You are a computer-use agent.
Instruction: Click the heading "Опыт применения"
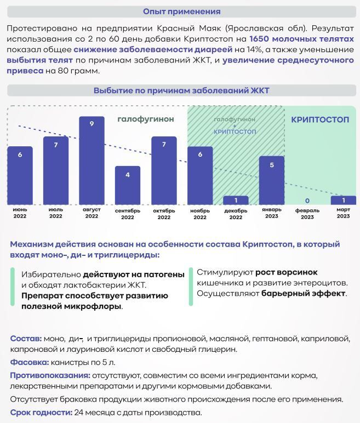pyautogui.click(x=181, y=11)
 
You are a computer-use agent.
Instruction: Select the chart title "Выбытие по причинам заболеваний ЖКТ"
pyautogui.click(x=181, y=90)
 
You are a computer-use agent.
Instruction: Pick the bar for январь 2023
pyautogui.click(x=271, y=181)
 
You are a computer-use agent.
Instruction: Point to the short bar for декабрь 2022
pyautogui.click(x=236, y=201)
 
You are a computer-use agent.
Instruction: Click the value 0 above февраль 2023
pyautogui.click(x=307, y=201)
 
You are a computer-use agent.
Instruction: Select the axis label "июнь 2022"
pyautogui.click(x=20, y=213)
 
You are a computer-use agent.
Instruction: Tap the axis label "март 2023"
pyautogui.click(x=343, y=213)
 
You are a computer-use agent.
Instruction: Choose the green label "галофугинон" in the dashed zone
pyautogui.click(x=146, y=119)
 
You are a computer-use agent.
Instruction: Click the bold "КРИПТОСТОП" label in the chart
pyautogui.click(x=320, y=119)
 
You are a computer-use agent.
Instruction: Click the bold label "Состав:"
pyautogui.click(x=26, y=339)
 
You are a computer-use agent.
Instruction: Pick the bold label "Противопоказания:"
pyautogui.click(x=50, y=375)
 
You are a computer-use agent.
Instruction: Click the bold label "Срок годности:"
pyautogui.click(x=41, y=413)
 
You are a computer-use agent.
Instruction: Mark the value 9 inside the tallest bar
pyautogui.click(x=92, y=124)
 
